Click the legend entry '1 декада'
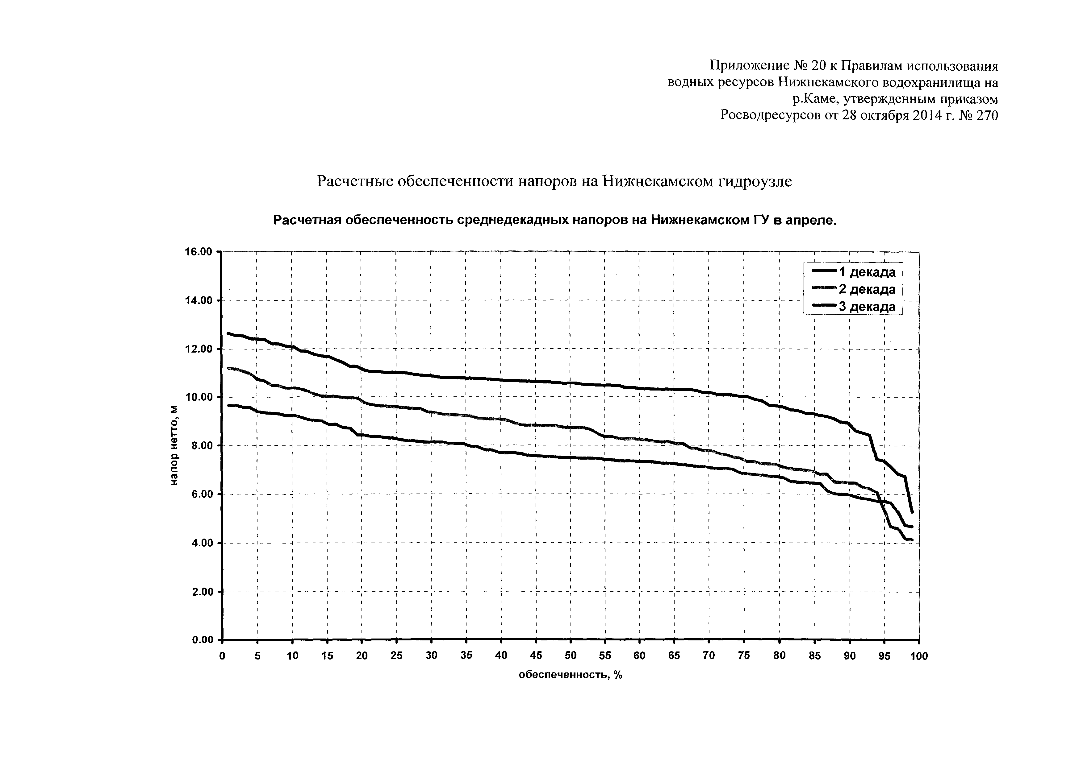click(x=867, y=272)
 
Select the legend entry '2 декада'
click(x=867, y=289)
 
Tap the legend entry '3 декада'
click(x=867, y=306)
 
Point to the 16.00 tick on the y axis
click(x=199, y=252)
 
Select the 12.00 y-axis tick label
click(x=199, y=349)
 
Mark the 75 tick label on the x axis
click(x=744, y=655)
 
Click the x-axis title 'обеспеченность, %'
click(x=570, y=675)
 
